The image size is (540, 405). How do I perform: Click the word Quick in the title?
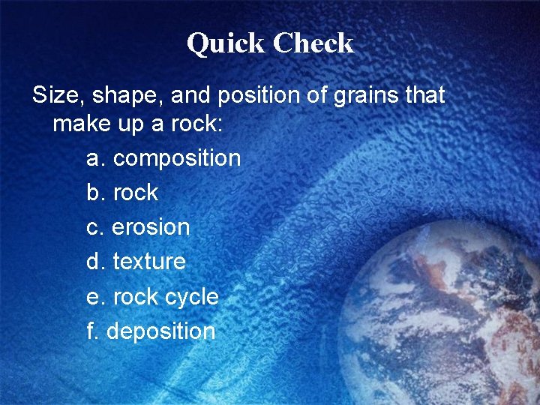point(226,43)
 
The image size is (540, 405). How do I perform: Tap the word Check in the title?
point(313,43)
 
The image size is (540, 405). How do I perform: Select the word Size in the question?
point(55,96)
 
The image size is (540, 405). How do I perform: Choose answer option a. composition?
point(163,158)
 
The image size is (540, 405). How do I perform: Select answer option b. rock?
point(122,193)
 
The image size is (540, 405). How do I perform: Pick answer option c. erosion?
point(138,227)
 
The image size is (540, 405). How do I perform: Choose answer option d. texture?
point(136,262)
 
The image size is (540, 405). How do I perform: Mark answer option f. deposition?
point(151,331)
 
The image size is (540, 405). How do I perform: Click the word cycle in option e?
point(191,297)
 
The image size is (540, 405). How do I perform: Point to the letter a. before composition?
point(97,158)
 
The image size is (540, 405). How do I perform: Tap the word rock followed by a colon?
point(196,124)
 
